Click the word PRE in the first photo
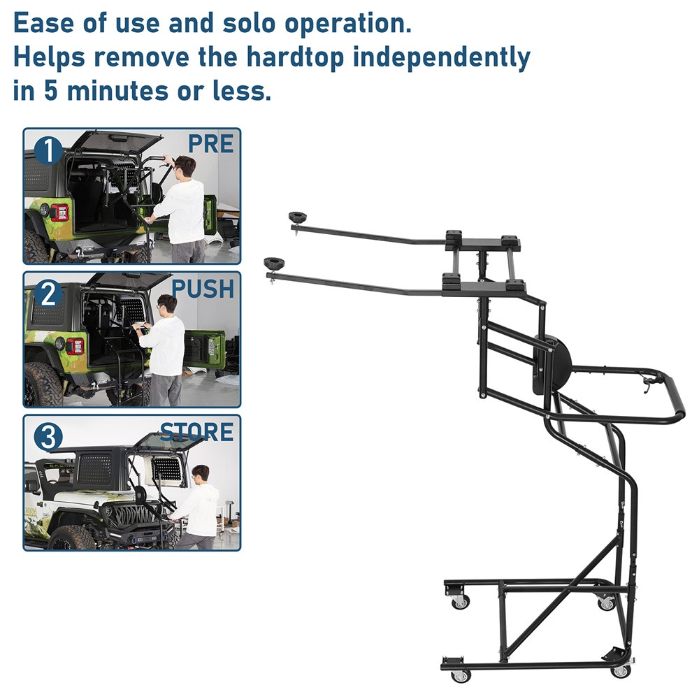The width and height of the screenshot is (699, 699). (x=210, y=144)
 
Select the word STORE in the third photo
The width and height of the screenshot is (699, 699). (x=196, y=432)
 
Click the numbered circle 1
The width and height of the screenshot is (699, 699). (x=48, y=150)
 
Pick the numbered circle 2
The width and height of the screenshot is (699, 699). (x=48, y=294)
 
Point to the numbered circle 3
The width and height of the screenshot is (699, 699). (x=48, y=438)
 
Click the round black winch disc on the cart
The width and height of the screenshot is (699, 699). (x=552, y=361)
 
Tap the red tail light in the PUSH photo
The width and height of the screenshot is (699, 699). (x=74, y=346)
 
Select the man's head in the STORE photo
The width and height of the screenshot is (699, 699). (x=201, y=474)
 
